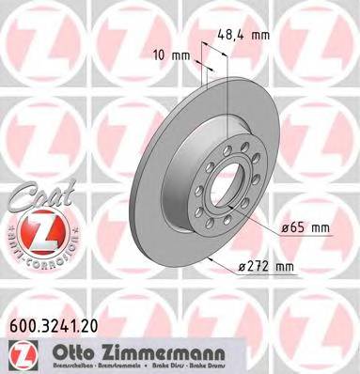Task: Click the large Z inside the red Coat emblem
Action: (x=35, y=231)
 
